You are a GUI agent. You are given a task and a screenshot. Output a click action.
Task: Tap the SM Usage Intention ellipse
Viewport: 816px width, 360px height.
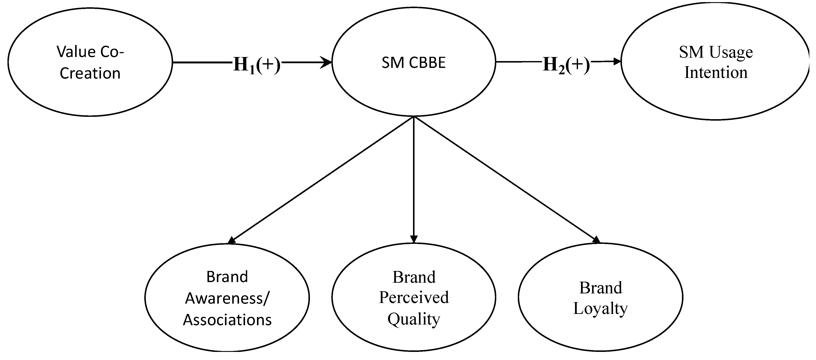(x=715, y=61)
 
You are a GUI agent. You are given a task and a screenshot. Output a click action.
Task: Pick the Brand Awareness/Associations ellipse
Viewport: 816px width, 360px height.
(x=227, y=298)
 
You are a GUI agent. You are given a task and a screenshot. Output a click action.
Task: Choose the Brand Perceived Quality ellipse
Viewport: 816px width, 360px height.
(x=414, y=297)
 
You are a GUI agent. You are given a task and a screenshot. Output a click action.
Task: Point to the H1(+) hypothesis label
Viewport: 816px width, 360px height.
(x=257, y=65)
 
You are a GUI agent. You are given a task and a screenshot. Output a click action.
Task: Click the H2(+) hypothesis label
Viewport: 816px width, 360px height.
(x=566, y=65)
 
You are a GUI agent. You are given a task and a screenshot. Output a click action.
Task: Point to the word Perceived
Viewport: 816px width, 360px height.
(x=414, y=298)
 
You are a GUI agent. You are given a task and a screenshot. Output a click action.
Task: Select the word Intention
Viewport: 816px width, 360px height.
(x=716, y=73)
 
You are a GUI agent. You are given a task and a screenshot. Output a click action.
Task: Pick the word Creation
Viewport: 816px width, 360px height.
(x=90, y=73)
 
